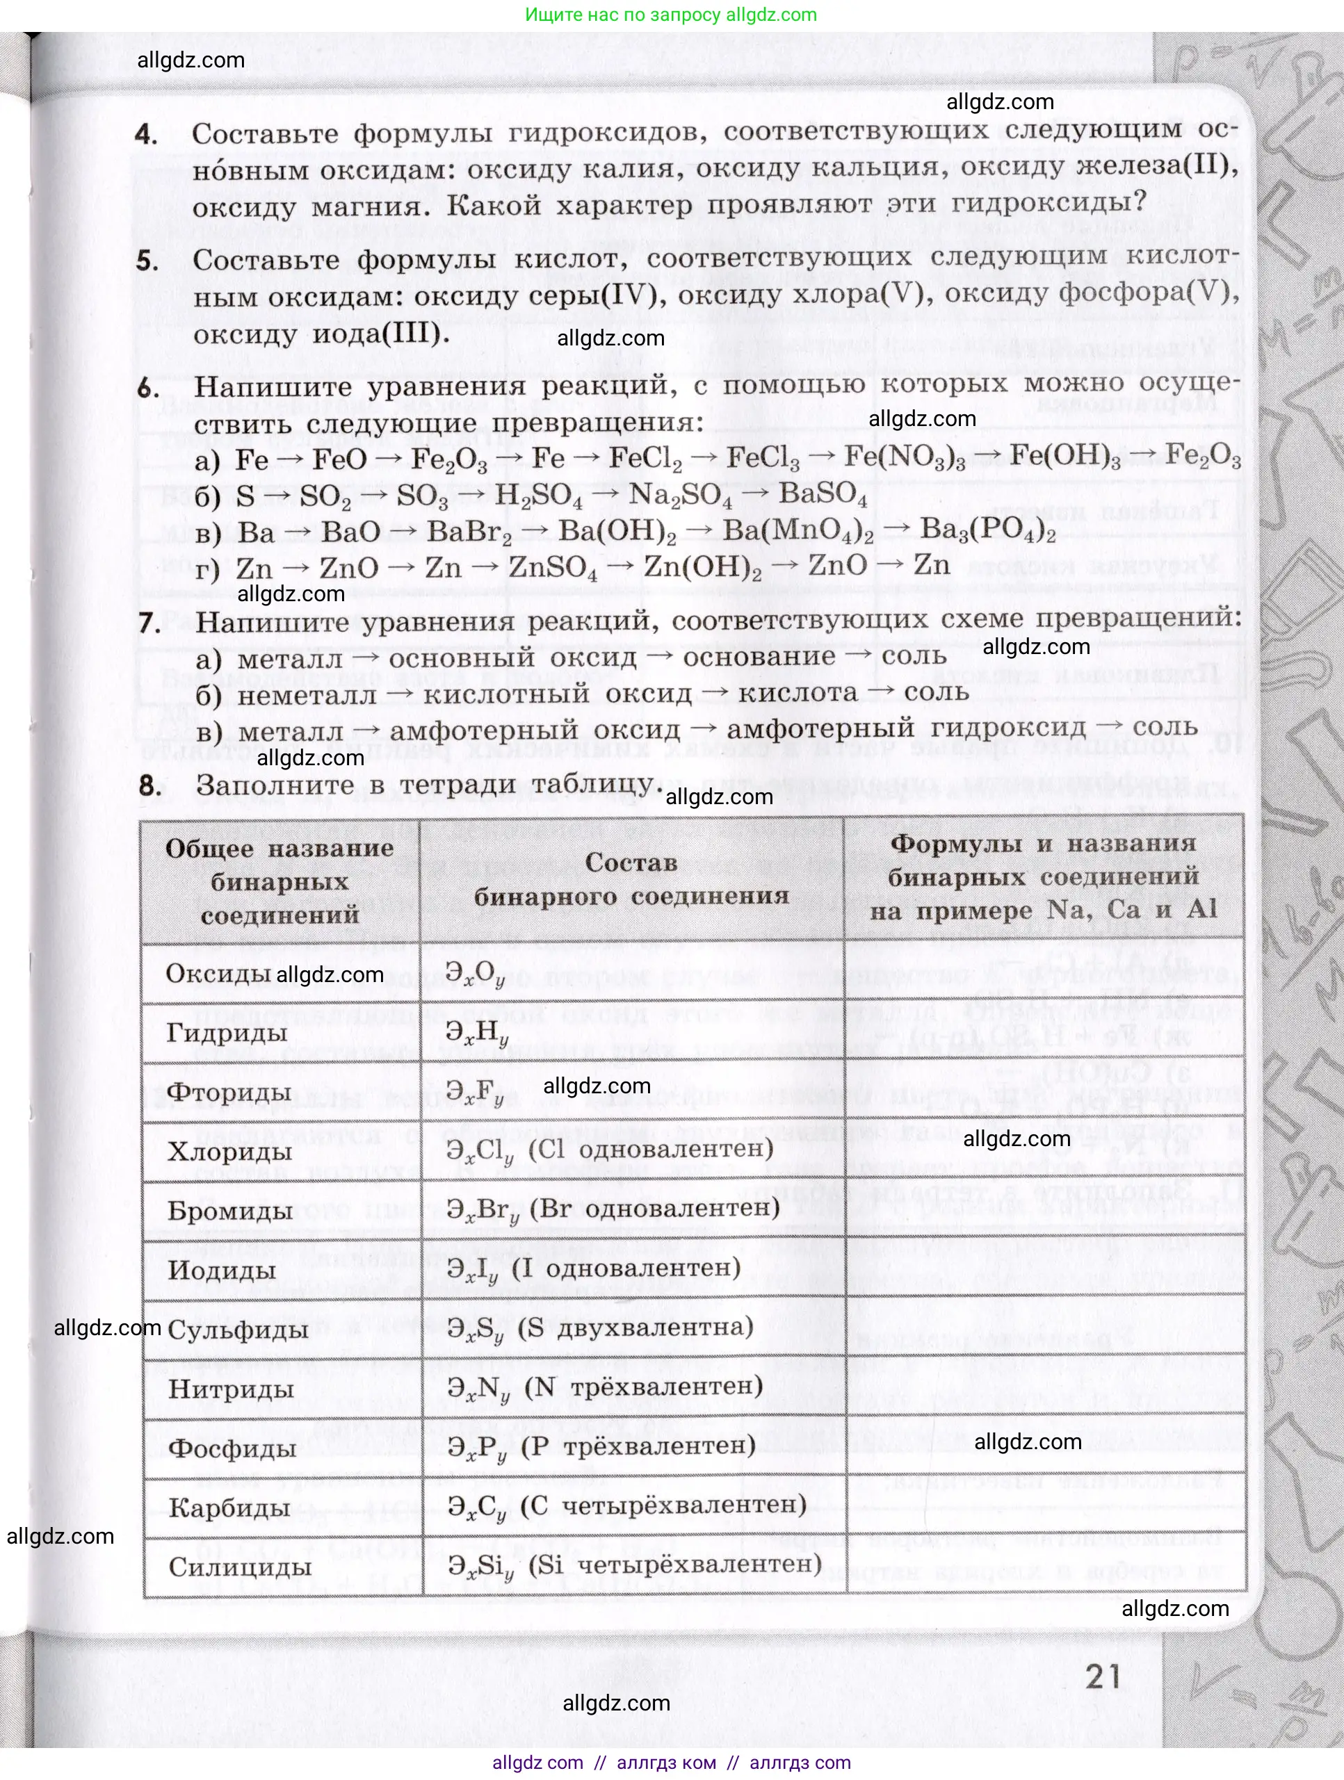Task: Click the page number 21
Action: [1103, 1676]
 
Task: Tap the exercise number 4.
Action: [146, 133]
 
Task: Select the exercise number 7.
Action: [149, 623]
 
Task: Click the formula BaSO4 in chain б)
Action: [823, 494]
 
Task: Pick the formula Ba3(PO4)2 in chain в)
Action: [987, 530]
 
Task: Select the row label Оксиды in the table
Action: [218, 973]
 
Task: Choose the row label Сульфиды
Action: [238, 1330]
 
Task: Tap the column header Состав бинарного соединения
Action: [631, 879]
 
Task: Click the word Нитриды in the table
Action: [231, 1389]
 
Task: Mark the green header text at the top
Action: [671, 15]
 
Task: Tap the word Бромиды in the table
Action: [230, 1211]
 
